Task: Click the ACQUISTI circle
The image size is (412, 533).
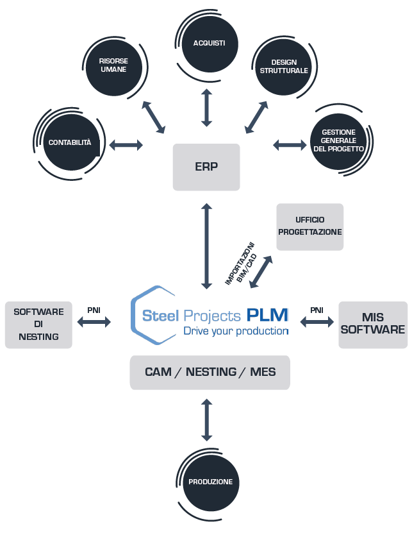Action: pos(210,44)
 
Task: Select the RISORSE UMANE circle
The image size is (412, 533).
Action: pos(114,67)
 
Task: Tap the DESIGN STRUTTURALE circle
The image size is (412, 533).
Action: pos(284,67)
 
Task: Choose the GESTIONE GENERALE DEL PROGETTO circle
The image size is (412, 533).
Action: pos(338,141)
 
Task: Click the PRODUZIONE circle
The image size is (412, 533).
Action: pos(211,482)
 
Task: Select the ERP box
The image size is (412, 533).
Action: pos(206,167)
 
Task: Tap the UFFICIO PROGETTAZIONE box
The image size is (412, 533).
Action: pos(309,226)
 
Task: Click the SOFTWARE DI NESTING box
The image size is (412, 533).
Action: pos(38,325)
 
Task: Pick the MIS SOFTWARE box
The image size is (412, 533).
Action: pos(373,325)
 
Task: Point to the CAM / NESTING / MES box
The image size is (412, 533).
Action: pos(210,372)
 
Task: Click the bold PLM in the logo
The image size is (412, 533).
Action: pos(267,315)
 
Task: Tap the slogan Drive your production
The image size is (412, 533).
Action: pos(236,331)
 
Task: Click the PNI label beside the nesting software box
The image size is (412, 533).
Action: pos(94,310)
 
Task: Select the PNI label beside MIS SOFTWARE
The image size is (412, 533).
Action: pos(317,310)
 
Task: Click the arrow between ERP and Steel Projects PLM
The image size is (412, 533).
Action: pos(206,246)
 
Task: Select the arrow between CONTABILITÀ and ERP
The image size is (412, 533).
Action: pos(126,144)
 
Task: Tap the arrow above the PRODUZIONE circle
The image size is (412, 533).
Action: pos(206,420)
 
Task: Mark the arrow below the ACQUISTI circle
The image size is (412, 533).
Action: pos(206,108)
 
